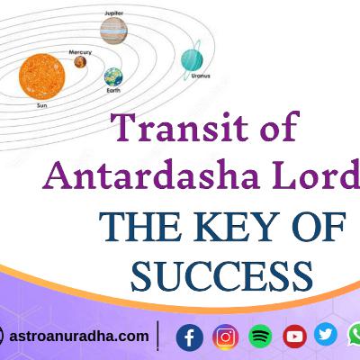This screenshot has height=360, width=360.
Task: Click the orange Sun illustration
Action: click(42, 76)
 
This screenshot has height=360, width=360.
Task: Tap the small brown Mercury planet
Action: click(80, 62)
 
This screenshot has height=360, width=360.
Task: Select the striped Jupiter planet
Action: click(113, 31)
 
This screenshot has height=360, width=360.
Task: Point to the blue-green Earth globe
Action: click(113, 76)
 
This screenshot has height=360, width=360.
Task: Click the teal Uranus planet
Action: click(192, 60)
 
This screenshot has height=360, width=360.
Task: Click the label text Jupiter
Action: click(113, 13)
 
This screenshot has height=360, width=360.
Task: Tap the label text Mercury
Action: click(80, 52)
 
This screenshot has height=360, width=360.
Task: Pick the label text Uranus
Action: click(201, 76)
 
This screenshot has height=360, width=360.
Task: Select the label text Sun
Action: click(41, 105)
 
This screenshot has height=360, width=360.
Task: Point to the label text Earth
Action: click(113, 90)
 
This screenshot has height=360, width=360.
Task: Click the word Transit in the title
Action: click(179, 127)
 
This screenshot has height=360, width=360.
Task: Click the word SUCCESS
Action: click(222, 276)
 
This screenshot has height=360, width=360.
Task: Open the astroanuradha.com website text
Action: click(79, 337)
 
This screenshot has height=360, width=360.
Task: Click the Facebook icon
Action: click(190, 337)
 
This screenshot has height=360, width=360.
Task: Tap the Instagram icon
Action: click(226, 337)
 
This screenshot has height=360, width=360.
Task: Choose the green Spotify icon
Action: click(260, 337)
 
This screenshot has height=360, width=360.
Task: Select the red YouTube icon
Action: click(294, 337)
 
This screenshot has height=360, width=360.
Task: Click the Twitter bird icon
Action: click(326, 334)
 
